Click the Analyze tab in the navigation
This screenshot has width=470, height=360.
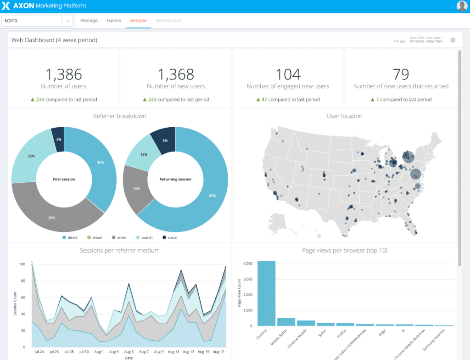(x=138, y=21)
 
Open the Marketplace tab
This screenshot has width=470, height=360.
(x=168, y=21)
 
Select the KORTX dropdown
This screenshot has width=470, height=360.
(x=37, y=21)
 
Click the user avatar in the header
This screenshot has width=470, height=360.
(x=462, y=6)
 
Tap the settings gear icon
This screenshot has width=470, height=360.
(x=453, y=40)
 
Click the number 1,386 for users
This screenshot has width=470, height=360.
(x=63, y=74)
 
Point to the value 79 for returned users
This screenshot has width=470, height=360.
(x=401, y=74)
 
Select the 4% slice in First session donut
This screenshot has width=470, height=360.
(x=58, y=139)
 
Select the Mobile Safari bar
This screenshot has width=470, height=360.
(x=286, y=322)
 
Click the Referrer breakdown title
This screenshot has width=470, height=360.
(x=119, y=116)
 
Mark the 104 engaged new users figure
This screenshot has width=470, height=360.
(x=288, y=74)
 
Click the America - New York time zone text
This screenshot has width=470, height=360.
(x=426, y=41)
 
